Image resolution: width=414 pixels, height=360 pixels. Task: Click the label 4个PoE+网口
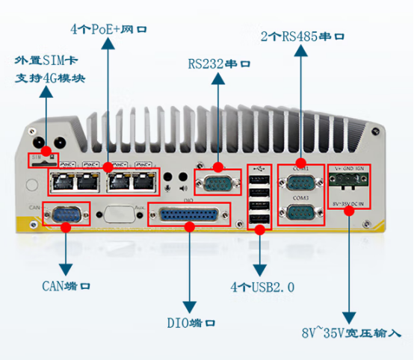coord(109,30)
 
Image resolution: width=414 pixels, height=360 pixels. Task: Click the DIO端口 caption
coord(191,323)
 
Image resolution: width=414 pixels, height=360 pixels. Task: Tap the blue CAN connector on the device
coord(66,214)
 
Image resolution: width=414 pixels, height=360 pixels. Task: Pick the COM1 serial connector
coord(301,181)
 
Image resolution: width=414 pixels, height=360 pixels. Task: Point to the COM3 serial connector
coord(301,213)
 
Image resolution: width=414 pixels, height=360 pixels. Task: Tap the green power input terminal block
coord(348,184)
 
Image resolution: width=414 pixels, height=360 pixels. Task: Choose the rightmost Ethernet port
coord(141,179)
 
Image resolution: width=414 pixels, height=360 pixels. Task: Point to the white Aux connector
coord(120,214)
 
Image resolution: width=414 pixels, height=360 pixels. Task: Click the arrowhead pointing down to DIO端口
coord(191,306)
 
